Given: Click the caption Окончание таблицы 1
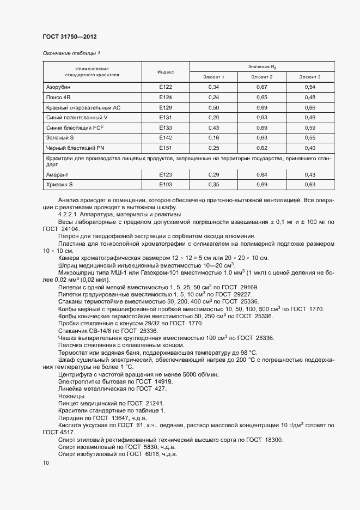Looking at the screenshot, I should (x=71, y=53).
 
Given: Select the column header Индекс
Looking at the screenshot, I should (x=166, y=72).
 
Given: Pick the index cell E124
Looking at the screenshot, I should (x=166, y=98).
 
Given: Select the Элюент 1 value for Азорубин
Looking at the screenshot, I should (x=213, y=87).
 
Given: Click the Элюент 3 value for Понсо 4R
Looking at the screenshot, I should (x=310, y=98).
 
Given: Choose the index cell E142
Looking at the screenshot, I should (x=166, y=138).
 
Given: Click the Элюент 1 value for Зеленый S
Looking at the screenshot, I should (x=213, y=138).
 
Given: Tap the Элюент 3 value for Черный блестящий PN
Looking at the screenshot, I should (x=310, y=148).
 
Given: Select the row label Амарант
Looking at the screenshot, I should (x=58, y=174).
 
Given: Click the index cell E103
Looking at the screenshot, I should (x=166, y=185).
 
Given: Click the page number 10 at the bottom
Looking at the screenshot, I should (x=46, y=463).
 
